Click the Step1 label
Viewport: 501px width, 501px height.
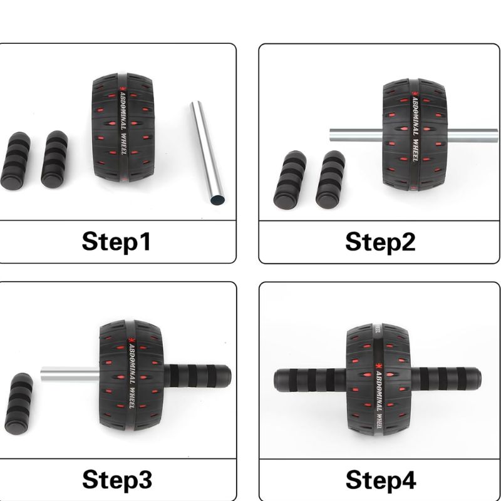116,242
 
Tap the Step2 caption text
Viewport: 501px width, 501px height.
380,242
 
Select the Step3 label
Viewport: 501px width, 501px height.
117,480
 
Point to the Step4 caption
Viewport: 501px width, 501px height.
381,480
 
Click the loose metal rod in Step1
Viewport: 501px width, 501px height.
207,153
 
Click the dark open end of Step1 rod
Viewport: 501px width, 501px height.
217,200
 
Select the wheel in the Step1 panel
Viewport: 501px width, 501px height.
123,128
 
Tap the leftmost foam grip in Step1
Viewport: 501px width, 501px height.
15,161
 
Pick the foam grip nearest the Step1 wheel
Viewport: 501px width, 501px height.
54,159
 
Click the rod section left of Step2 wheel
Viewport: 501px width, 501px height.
356,135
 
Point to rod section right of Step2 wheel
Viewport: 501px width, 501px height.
472,135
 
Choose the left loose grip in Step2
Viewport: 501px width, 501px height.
290,180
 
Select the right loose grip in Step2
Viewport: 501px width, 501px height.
331,180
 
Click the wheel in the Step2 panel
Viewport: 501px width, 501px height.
415,135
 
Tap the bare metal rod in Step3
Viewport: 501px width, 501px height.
70,374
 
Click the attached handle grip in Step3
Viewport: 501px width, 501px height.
197,376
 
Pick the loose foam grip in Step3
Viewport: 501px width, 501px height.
19,403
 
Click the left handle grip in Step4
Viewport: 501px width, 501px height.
310,380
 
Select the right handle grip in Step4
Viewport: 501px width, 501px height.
446,379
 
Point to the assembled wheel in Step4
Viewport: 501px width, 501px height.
379,380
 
